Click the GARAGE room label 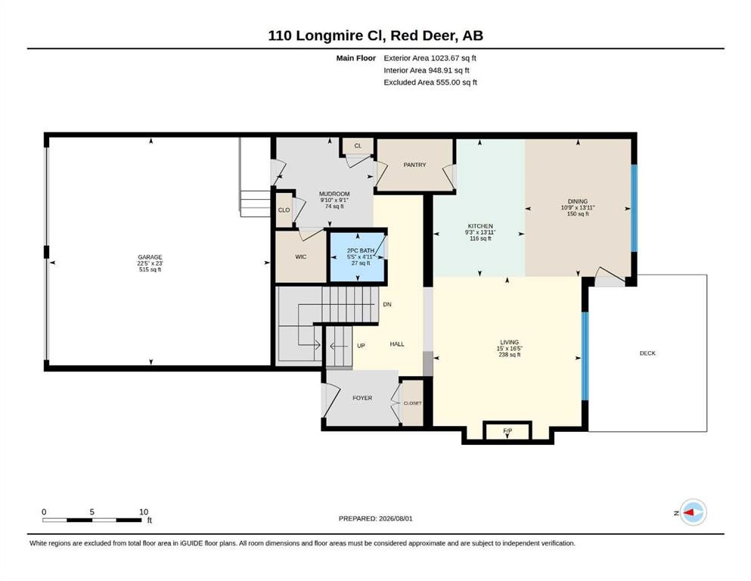150,257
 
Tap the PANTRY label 414,165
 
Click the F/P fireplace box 507,431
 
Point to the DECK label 647,353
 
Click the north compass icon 693,512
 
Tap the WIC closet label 301,256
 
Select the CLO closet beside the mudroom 284,210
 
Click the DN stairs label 387,304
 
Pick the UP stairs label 362,345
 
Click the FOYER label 362,398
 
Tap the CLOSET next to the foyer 412,402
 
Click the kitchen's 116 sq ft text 480,238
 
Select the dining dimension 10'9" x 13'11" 578,207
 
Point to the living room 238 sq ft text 509,355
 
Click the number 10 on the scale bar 144,511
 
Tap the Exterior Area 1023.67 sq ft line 430,58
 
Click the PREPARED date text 375,518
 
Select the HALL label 397,344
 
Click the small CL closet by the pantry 358,146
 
